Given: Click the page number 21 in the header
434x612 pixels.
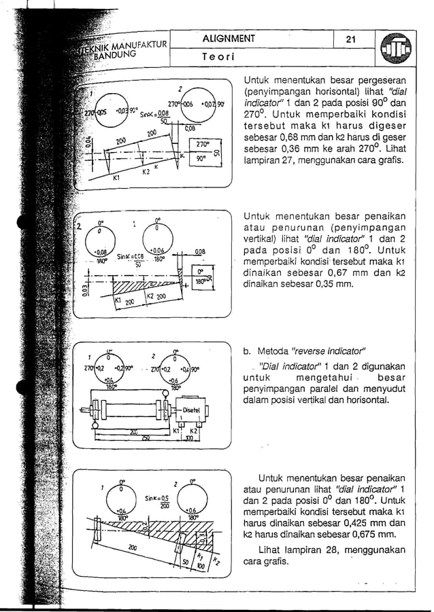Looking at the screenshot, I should [x=351, y=39].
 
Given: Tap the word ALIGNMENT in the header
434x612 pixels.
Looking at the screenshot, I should [x=229, y=39].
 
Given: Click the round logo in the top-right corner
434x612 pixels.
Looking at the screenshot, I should [x=397, y=50].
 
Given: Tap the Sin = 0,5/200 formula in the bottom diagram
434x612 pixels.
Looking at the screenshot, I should [x=156, y=501].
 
